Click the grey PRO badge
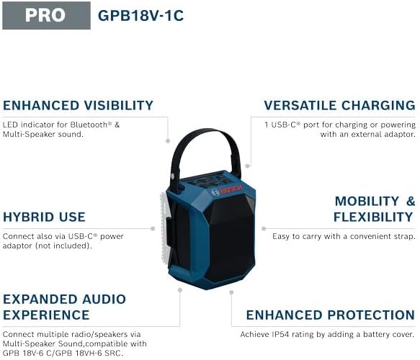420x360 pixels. click(x=45, y=15)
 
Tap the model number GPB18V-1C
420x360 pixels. click(x=140, y=15)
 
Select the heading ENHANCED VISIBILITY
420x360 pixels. click(x=78, y=105)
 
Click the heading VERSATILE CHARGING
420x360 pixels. click(x=339, y=105)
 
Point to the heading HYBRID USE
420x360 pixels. click(x=44, y=217)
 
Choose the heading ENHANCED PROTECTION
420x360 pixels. click(x=331, y=315)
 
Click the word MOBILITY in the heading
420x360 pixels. click(x=367, y=201)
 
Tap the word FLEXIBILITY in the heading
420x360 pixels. click(x=372, y=217)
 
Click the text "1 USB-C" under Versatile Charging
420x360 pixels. click(x=278, y=125)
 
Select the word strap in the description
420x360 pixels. click(x=402, y=236)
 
